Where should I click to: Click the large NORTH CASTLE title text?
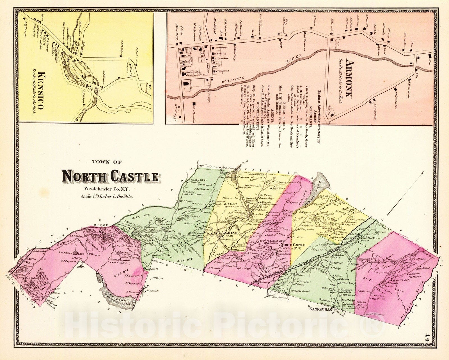point(110,177)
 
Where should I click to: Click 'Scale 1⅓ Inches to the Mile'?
point(107,196)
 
